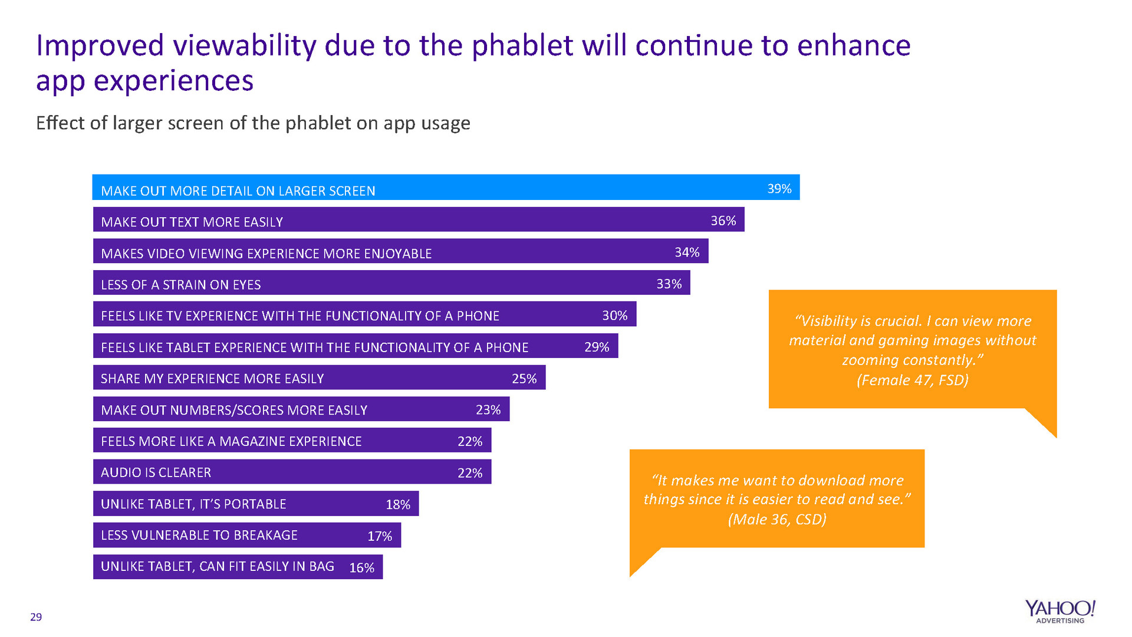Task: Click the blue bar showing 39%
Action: [446, 188]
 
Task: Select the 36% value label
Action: [723, 221]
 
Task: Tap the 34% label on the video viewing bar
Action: [687, 252]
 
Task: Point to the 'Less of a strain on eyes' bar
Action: [391, 283]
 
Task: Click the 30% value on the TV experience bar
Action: [614, 316]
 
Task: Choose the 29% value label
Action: [597, 347]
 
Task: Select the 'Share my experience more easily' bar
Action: [319, 377]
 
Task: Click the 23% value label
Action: [488, 409]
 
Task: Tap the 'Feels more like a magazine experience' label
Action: [231, 441]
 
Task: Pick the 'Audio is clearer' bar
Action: [292, 472]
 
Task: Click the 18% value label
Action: [398, 504]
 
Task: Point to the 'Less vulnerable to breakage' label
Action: [199, 535]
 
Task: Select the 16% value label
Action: [361, 567]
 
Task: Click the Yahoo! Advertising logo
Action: [1060, 611]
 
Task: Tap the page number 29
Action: [36, 617]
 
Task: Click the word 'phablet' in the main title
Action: [522, 46]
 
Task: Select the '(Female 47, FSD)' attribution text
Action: [912, 380]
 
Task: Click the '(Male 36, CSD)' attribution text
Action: [777, 519]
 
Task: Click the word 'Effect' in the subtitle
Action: [61, 123]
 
